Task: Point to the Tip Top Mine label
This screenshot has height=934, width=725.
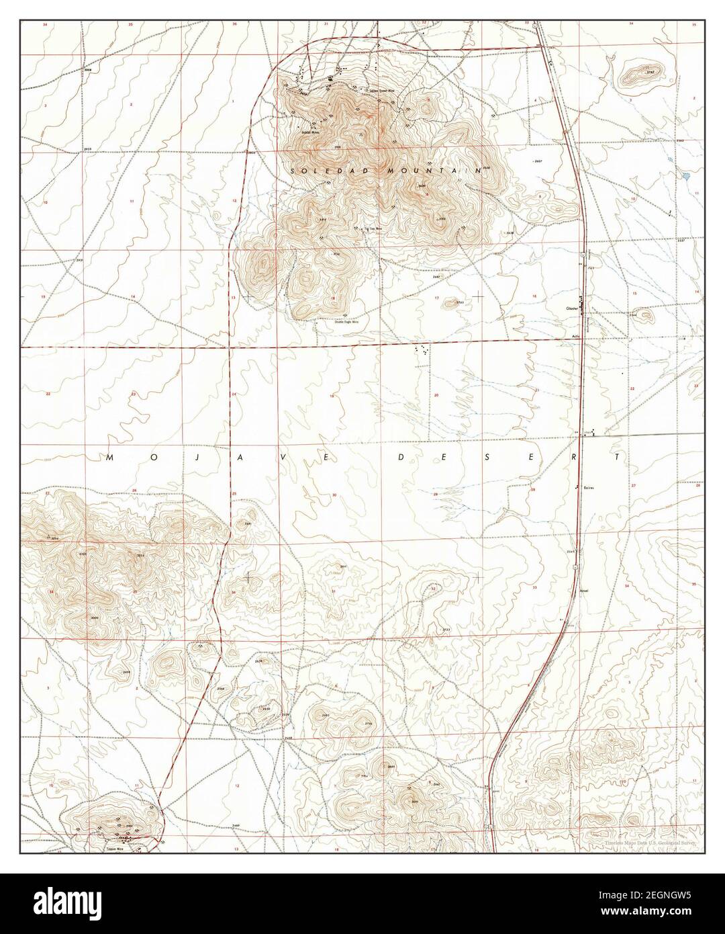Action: point(362,229)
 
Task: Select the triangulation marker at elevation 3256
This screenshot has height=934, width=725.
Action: point(52,536)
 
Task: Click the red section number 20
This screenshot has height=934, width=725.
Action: point(436,395)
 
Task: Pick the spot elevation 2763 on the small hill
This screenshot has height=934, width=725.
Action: point(460,303)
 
